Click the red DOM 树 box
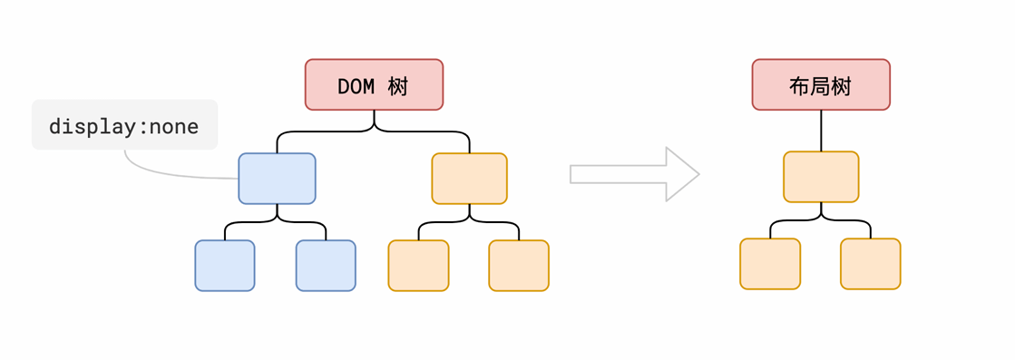(x=374, y=84)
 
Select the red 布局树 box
(x=821, y=84)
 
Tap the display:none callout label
(x=124, y=125)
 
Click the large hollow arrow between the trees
(x=634, y=174)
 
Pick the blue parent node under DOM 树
(x=277, y=179)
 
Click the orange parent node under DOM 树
(x=469, y=179)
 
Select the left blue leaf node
(x=225, y=266)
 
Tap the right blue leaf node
(x=326, y=266)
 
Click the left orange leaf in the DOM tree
(x=418, y=266)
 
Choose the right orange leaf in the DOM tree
(x=519, y=266)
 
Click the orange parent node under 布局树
(x=821, y=177)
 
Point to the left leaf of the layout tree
(x=770, y=264)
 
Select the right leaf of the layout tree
(x=871, y=264)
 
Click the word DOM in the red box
(x=356, y=86)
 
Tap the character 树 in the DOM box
(x=398, y=86)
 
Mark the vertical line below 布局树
(x=821, y=131)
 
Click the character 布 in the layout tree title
(x=799, y=86)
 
